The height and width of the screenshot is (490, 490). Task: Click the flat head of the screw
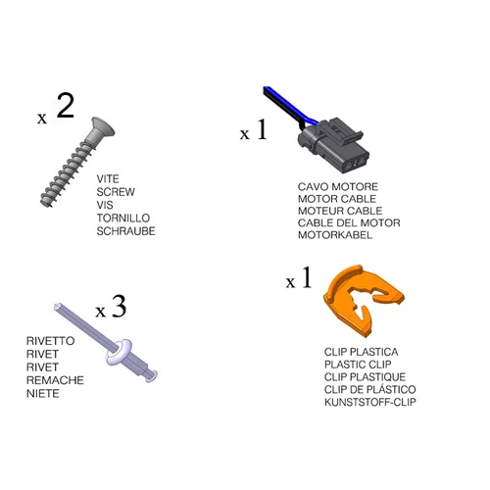103,128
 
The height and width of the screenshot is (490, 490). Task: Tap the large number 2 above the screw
66,105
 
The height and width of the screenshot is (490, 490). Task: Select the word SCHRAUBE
125,231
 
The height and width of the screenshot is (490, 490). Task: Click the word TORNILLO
123,219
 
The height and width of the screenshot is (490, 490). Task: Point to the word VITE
108,179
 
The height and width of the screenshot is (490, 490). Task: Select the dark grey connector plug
333,146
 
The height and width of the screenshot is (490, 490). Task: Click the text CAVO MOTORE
338,187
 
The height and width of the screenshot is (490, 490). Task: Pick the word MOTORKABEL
335,235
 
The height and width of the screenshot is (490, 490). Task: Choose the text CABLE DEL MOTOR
349,223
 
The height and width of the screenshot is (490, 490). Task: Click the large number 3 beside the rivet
119,307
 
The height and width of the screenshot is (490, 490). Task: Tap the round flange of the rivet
119,352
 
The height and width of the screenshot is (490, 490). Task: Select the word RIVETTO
50,341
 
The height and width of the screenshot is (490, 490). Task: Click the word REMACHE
55,380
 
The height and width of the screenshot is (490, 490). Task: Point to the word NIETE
43,393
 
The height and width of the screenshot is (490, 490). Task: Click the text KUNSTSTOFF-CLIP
370,402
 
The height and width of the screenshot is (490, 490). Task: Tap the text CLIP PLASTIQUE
365,377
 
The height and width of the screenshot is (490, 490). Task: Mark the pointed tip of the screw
50,206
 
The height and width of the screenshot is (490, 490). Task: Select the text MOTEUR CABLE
340,211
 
